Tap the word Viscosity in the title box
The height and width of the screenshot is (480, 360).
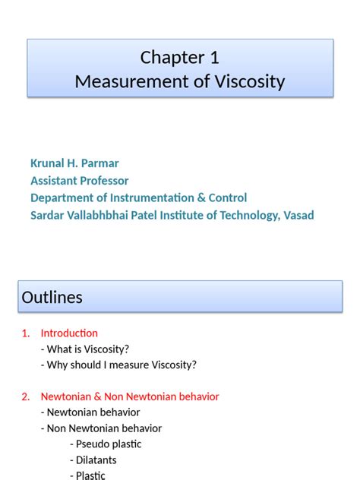[x=248, y=81]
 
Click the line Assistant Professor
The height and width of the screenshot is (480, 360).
[x=79, y=181]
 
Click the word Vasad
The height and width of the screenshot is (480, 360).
[x=298, y=215]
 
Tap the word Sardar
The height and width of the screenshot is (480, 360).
[x=47, y=215]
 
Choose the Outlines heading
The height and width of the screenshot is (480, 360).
[x=52, y=298]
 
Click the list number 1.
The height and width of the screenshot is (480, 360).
[x=25, y=333]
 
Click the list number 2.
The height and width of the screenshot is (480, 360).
[x=25, y=396]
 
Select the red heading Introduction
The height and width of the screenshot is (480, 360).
[x=69, y=333]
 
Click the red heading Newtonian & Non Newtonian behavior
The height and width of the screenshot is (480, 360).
[x=130, y=396]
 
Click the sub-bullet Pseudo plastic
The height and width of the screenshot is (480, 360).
[x=108, y=444]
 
